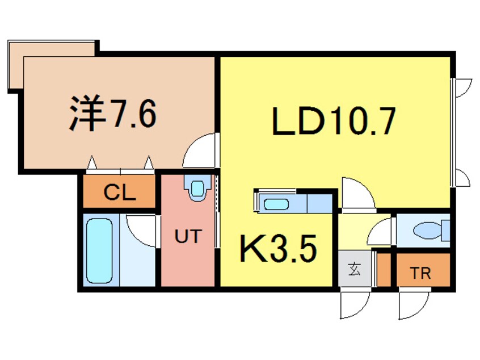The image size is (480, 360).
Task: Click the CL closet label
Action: (x=120, y=193)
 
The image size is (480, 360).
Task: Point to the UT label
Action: (x=188, y=236)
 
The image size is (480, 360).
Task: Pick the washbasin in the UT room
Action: (x=197, y=187)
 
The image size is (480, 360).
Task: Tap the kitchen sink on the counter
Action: (x=277, y=203)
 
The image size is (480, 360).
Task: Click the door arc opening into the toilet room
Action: (x=380, y=233)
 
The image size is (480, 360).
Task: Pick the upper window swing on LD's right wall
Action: (x=463, y=87)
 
